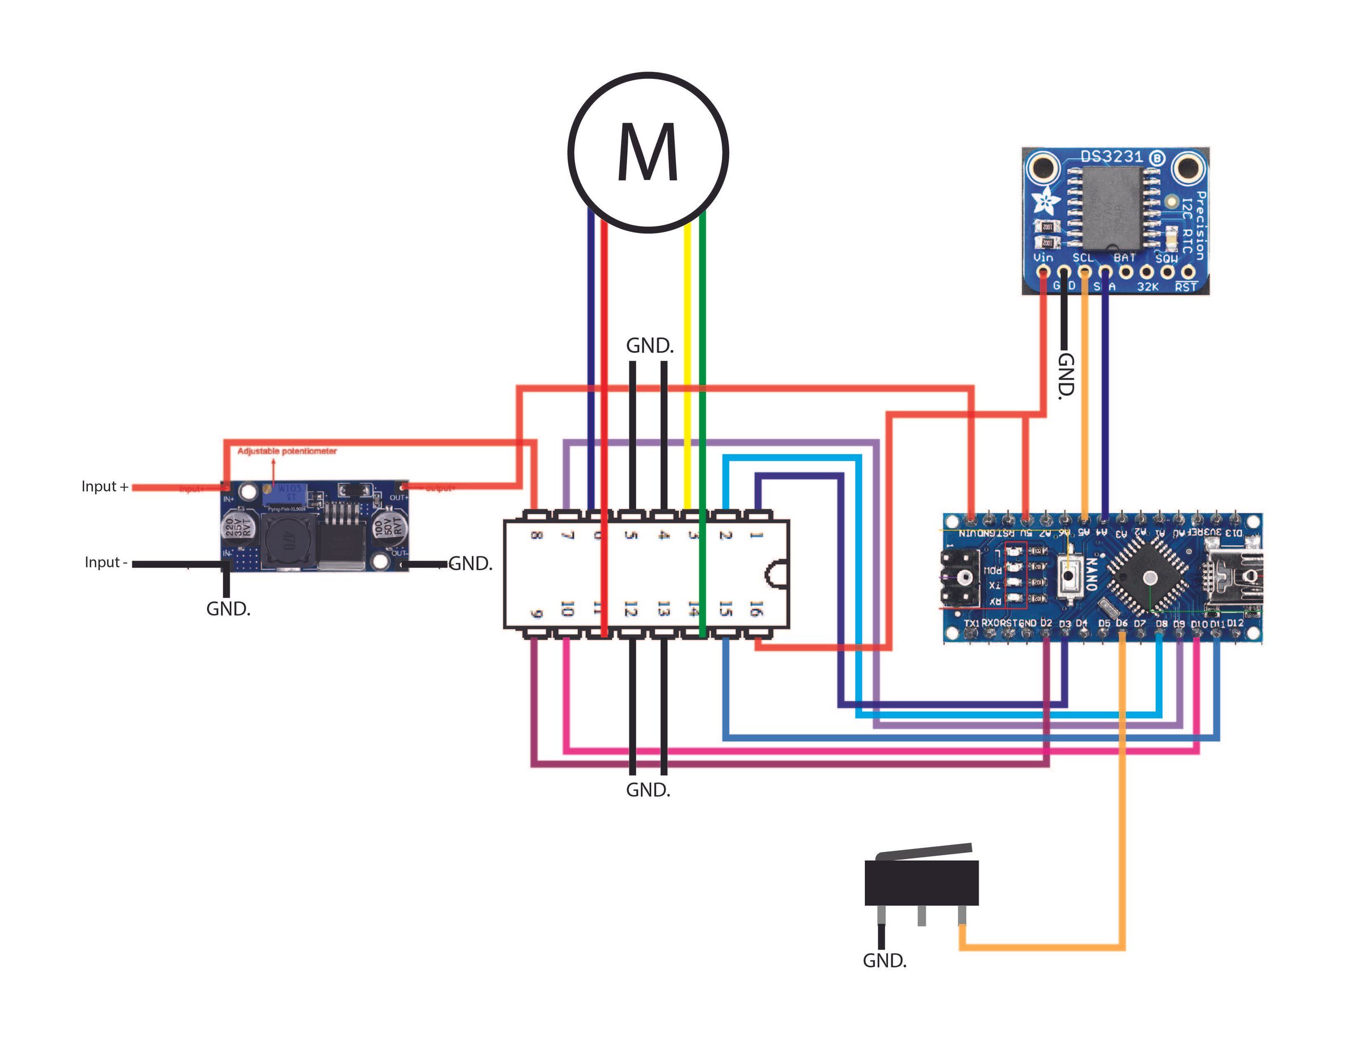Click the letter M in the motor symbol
(x=648, y=153)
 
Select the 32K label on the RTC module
(x=1147, y=287)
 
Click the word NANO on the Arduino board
(x=1091, y=574)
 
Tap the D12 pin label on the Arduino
(x=1235, y=623)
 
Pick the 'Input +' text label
(x=105, y=487)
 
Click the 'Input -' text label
(x=106, y=563)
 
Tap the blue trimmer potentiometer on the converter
(x=284, y=495)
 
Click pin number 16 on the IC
(x=756, y=609)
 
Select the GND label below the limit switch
(x=884, y=960)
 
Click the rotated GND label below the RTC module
(x=1066, y=375)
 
